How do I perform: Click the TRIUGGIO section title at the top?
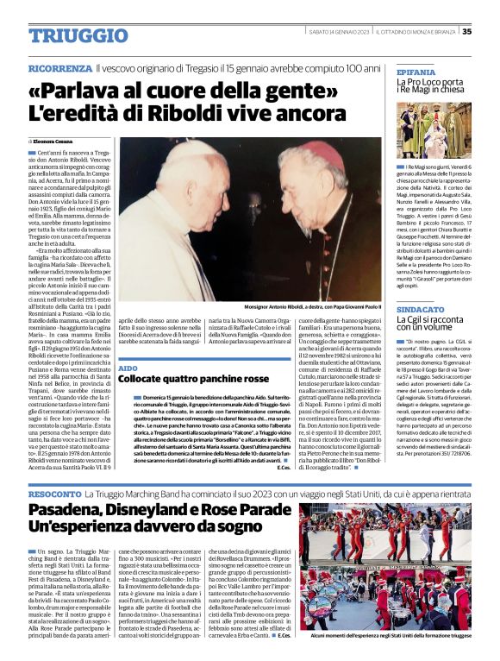tap(78, 35)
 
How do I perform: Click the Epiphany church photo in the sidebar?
tap(434, 129)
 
